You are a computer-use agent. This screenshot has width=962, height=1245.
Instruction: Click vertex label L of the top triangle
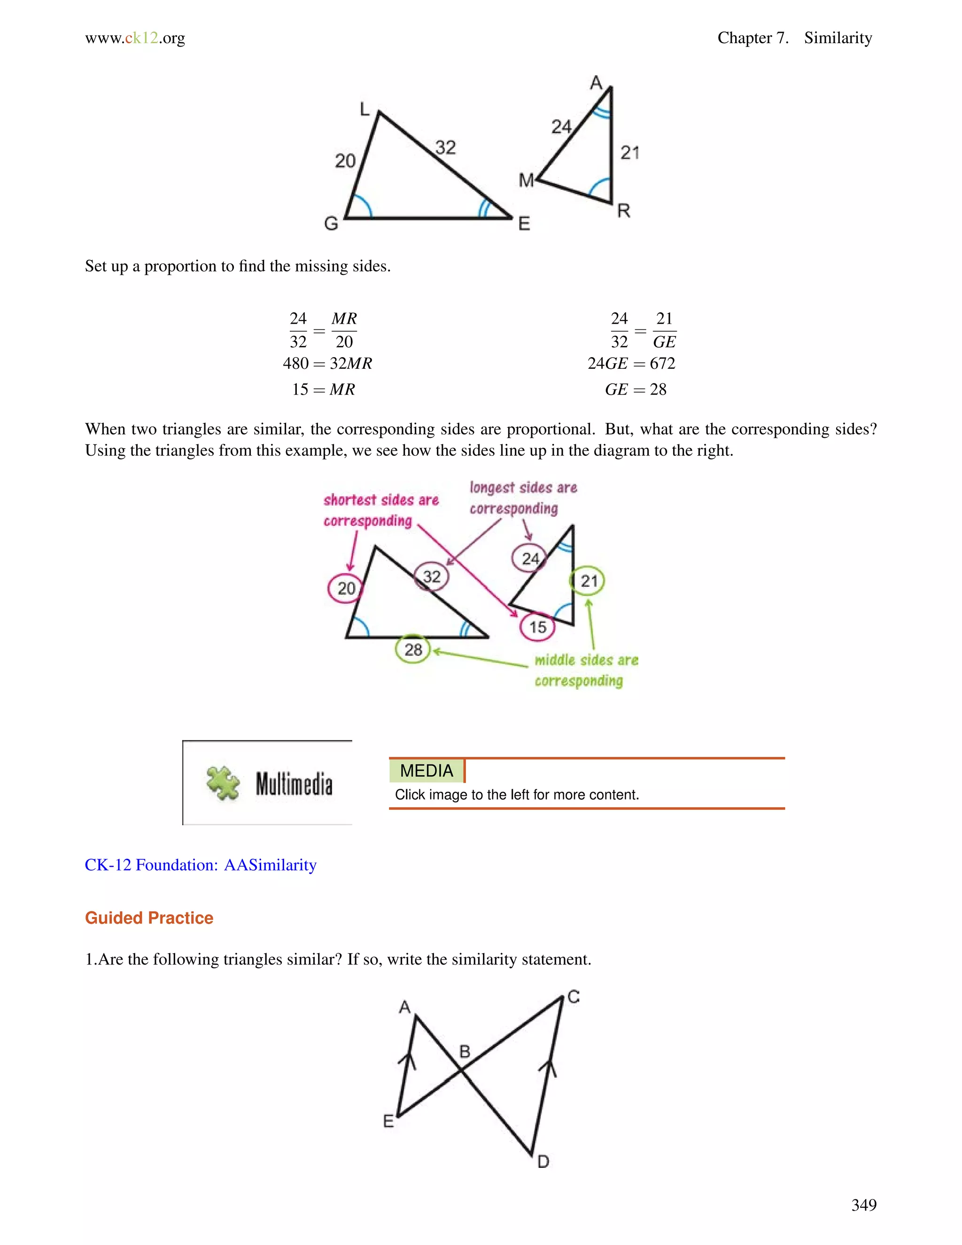[x=365, y=109]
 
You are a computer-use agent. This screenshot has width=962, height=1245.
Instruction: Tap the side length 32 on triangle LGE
[x=446, y=148]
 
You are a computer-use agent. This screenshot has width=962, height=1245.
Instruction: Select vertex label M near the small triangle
[x=526, y=181]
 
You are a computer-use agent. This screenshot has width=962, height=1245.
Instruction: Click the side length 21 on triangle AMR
[x=630, y=153]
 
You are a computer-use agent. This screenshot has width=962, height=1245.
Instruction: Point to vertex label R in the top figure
[x=623, y=211]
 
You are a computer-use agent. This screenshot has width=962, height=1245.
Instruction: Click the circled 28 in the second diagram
[x=413, y=649]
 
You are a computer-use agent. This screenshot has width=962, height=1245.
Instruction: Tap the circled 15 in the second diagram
[x=537, y=627]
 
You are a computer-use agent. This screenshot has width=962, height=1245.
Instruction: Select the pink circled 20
[x=345, y=588]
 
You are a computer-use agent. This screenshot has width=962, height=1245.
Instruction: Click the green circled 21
[x=588, y=581]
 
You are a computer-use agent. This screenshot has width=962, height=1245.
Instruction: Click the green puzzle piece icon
[x=223, y=783]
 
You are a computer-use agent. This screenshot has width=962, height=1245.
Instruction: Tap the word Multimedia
[x=294, y=784]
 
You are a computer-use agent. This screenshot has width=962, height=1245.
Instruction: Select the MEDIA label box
[x=427, y=770]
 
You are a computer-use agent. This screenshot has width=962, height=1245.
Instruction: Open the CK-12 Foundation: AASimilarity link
[x=201, y=865]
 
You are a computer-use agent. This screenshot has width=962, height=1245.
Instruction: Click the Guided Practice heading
[x=149, y=918]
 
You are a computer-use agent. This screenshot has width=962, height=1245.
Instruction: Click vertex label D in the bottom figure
[x=543, y=1162]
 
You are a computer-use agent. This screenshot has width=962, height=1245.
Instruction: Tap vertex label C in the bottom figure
[x=574, y=997]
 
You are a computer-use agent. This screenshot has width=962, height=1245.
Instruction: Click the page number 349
[x=863, y=1205]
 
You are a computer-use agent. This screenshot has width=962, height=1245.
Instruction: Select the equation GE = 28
[x=636, y=389]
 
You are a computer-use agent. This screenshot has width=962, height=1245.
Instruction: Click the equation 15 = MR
[x=323, y=389]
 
